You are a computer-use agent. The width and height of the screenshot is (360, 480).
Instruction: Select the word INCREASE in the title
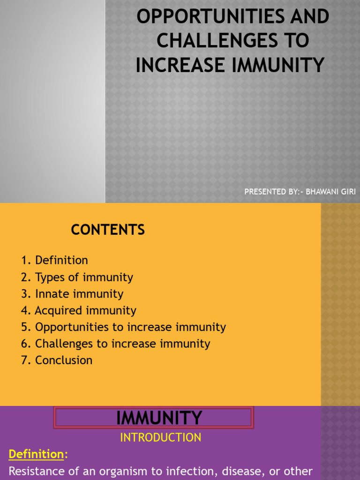(180, 65)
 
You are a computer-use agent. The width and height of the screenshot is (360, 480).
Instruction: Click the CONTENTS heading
(108, 230)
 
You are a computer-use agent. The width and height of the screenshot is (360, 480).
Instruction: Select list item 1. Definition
(54, 260)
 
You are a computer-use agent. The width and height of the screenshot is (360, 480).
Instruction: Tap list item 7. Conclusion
(57, 360)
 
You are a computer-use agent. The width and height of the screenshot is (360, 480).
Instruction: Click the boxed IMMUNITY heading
(159, 417)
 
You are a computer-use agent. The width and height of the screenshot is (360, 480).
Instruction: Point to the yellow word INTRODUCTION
(161, 437)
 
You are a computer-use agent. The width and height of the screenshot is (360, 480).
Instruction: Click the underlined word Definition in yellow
(37, 454)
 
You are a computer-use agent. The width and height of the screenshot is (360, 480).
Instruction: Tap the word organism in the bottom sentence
(109, 471)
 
